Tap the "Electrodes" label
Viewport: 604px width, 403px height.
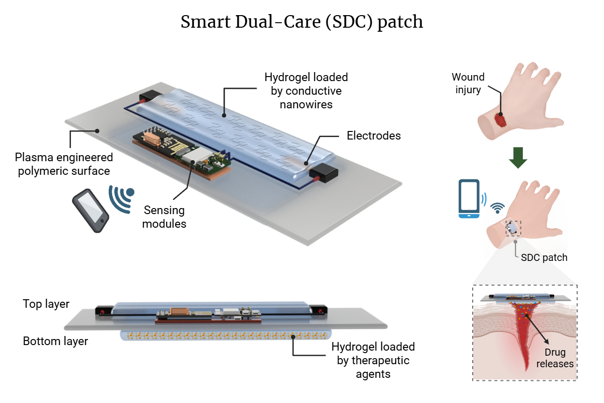(373, 136)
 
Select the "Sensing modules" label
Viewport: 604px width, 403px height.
(164, 217)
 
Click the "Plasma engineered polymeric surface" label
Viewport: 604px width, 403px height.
(63, 163)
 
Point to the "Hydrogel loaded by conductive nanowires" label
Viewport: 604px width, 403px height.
(306, 91)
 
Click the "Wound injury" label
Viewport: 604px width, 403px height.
(468, 83)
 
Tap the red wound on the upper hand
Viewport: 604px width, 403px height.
(500, 120)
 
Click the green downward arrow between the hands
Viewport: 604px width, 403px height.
(518, 158)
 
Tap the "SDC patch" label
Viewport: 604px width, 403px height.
(544, 257)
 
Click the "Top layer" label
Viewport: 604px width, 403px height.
(46, 304)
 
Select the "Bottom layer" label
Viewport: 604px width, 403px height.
(55, 341)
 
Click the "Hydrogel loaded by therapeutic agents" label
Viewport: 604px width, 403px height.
(372, 360)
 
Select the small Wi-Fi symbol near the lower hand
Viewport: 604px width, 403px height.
(498, 207)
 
